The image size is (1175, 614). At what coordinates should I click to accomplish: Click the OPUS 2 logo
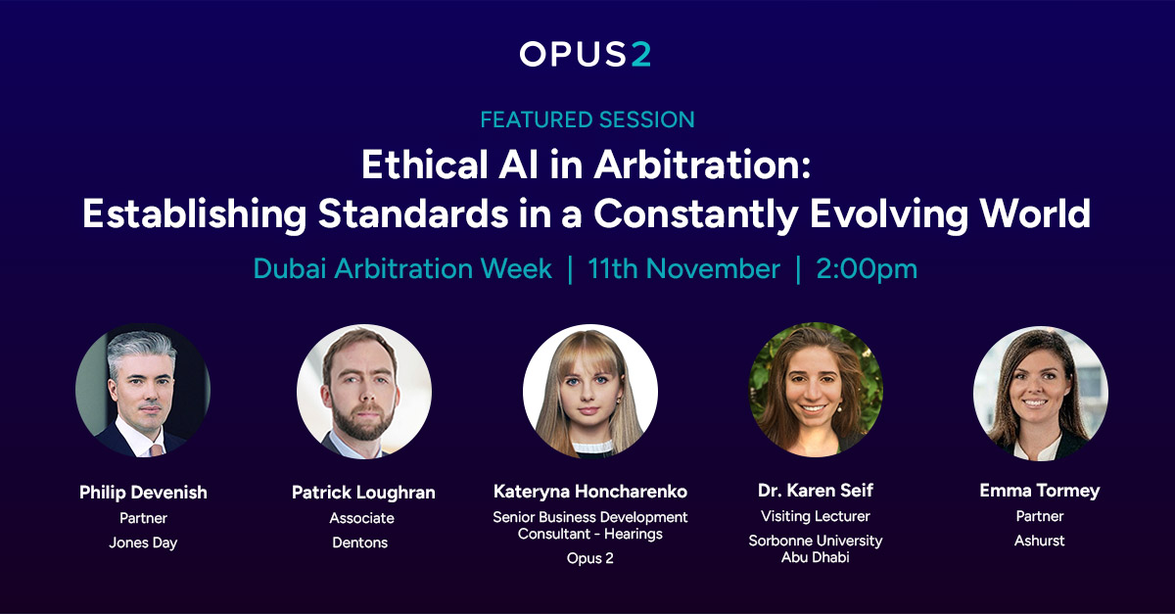(x=586, y=55)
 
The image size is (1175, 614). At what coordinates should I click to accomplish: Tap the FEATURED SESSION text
(x=587, y=120)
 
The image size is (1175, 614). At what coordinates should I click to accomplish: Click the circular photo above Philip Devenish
(x=143, y=391)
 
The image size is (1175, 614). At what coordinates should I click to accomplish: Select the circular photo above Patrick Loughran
(x=364, y=391)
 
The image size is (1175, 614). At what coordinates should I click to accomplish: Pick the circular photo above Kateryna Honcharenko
(x=590, y=391)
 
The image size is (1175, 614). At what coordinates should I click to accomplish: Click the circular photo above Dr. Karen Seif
(x=816, y=391)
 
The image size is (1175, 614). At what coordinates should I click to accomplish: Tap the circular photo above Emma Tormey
(x=1041, y=391)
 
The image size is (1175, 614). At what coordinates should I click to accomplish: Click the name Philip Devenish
(x=143, y=492)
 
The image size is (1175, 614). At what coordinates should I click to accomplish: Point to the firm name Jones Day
(x=143, y=543)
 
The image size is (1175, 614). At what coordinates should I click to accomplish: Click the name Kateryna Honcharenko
(x=590, y=492)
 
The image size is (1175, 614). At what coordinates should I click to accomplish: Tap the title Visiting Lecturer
(x=816, y=516)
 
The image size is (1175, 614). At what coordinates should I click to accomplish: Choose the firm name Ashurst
(x=1040, y=541)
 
